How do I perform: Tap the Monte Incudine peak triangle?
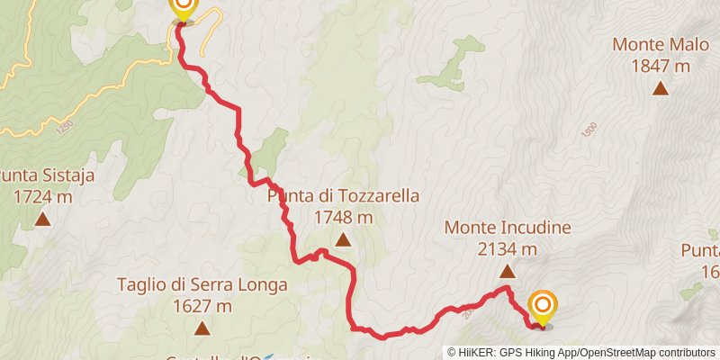508,271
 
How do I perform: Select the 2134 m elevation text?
508,249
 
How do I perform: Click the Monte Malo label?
661,44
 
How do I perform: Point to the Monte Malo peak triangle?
661,87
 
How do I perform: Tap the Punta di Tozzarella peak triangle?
343,239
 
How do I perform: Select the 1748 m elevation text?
343,217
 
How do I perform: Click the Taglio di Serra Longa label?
202,285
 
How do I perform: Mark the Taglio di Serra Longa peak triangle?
202,328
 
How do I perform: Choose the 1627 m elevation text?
202,306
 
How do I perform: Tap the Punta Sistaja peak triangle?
42,219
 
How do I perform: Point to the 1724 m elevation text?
42,196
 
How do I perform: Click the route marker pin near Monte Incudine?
543,307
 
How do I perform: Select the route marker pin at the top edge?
183,8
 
